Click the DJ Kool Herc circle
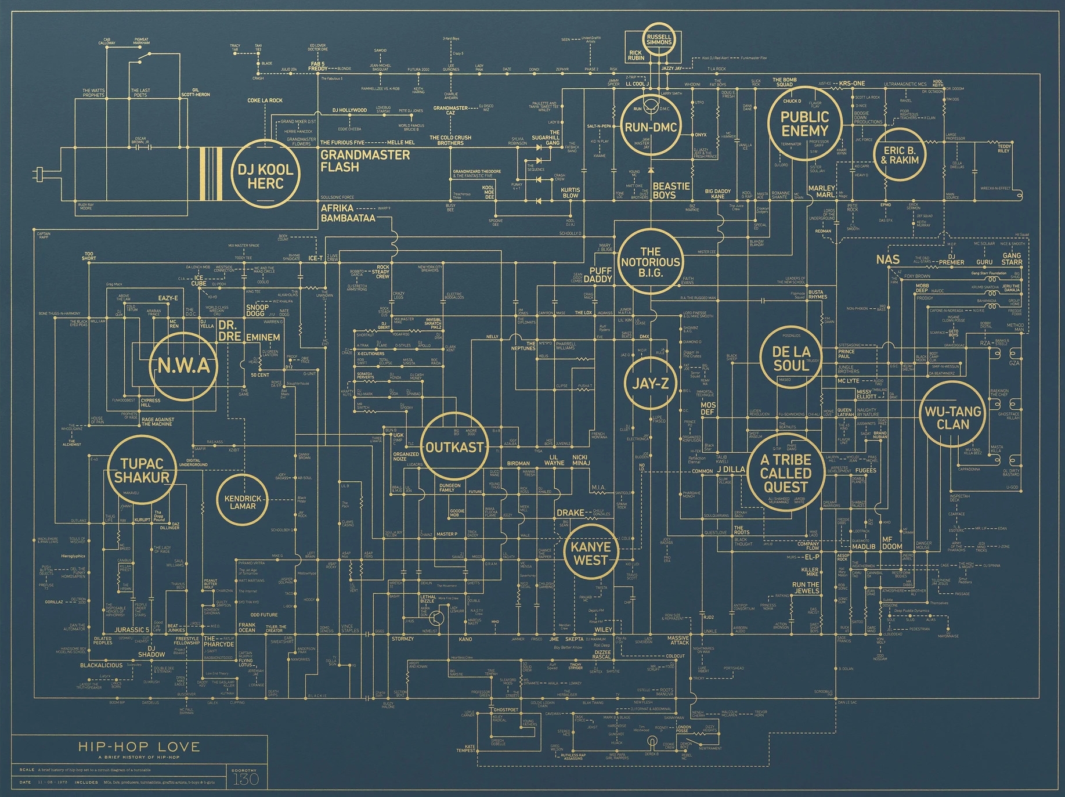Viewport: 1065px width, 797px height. (x=265, y=176)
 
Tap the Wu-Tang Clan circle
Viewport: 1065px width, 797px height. (x=952, y=417)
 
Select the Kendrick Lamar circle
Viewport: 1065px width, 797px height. (x=243, y=502)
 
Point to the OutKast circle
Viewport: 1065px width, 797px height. (x=454, y=447)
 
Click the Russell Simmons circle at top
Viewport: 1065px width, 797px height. (x=659, y=39)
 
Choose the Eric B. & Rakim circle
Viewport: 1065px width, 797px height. (x=900, y=155)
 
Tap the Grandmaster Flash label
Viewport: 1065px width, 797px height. (x=364, y=161)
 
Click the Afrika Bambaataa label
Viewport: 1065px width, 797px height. (x=348, y=213)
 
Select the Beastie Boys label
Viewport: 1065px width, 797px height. (x=671, y=190)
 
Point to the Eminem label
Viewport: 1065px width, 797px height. (x=263, y=337)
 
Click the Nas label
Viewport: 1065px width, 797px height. (x=887, y=259)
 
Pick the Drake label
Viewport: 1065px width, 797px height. (x=570, y=513)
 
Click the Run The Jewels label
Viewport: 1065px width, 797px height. (x=806, y=587)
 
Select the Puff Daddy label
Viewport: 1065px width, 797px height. (x=598, y=275)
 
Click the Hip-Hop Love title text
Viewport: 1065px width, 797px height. (x=139, y=746)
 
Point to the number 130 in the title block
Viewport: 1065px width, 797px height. (x=246, y=779)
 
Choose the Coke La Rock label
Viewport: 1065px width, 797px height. (x=265, y=100)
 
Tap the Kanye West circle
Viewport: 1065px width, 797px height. (x=591, y=553)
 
